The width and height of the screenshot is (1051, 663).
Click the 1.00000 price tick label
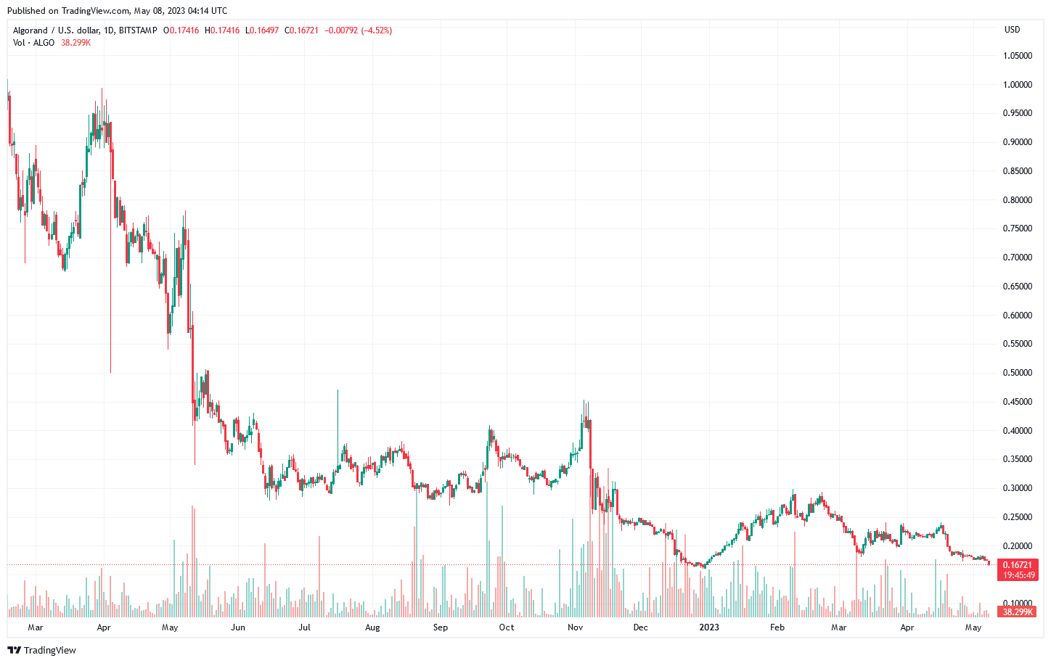[1017, 85]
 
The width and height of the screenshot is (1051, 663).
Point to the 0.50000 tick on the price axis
[1017, 373]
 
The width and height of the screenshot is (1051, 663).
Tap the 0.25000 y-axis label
[1017, 517]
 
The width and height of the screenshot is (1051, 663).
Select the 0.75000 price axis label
[1017, 228]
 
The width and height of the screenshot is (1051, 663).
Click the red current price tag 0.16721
[1018, 564]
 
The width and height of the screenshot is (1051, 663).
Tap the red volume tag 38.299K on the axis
[1018, 612]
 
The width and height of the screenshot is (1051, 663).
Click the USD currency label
[1012, 30]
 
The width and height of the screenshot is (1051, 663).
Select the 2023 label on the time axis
[708, 627]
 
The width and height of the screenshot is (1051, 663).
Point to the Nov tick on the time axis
[575, 627]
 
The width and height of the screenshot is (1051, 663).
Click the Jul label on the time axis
[304, 627]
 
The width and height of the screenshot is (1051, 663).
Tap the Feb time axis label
[777, 627]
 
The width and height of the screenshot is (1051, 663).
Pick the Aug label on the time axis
[372, 627]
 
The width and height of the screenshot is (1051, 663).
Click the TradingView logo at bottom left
[41, 650]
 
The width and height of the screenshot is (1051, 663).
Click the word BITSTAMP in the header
[138, 30]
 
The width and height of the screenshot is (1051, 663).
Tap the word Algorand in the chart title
[30, 30]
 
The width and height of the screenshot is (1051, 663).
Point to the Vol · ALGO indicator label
[33, 43]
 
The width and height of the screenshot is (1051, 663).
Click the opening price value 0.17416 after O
[184, 30]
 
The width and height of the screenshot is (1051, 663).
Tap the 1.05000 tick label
[1017, 56]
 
